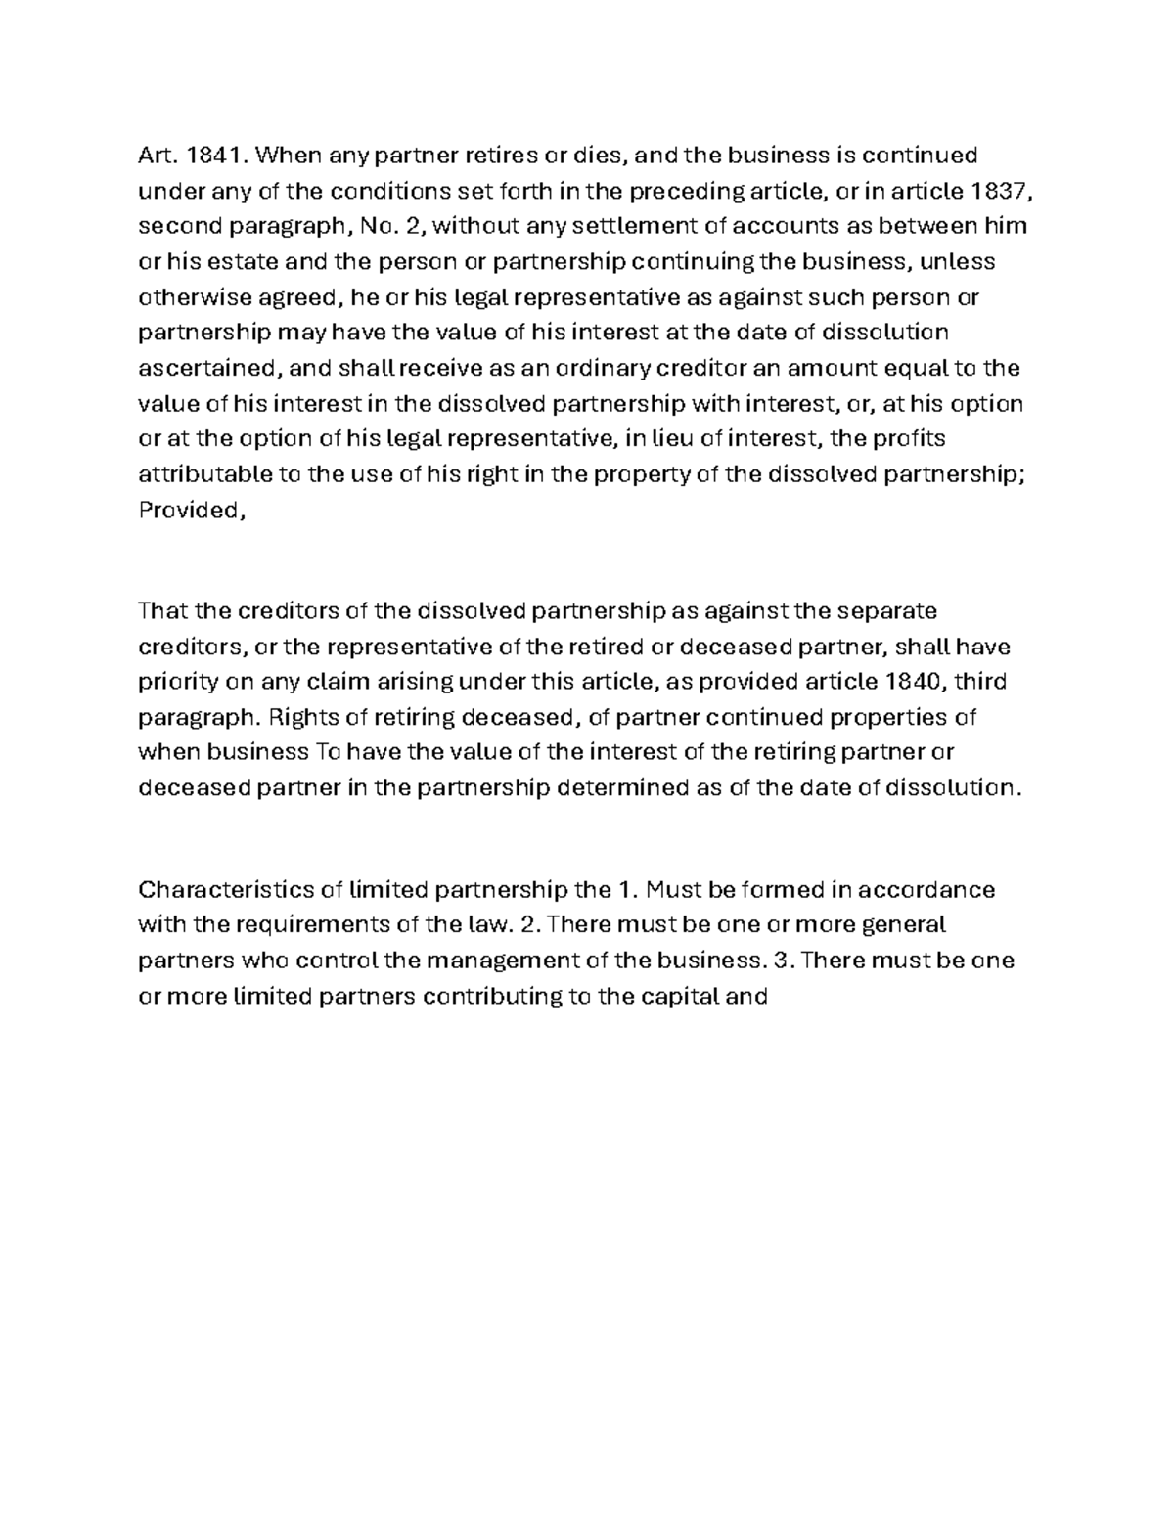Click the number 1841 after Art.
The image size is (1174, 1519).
coord(210,156)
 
